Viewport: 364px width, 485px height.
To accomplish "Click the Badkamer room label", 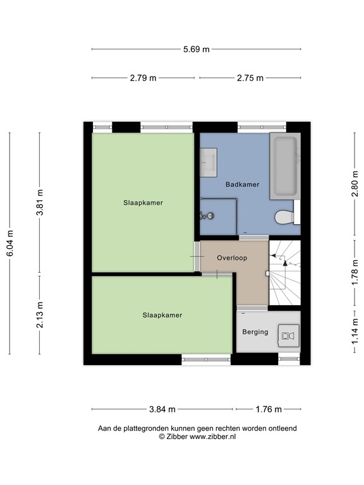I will [243, 184].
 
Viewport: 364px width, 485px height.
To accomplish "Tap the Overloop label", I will [231, 258].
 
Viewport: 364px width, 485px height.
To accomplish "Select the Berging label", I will [255, 332].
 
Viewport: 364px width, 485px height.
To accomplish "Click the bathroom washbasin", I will [209, 162].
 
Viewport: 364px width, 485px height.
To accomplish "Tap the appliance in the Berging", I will [289, 335].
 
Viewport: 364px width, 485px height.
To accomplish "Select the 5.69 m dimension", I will [196, 49].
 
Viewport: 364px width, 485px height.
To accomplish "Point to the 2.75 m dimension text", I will [250, 78].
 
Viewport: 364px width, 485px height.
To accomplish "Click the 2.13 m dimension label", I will [39, 314].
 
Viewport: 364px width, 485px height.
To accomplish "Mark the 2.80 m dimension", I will [355, 184].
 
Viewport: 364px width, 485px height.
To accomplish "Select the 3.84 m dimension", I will [162, 409].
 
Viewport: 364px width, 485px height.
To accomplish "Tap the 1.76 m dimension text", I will [269, 409].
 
